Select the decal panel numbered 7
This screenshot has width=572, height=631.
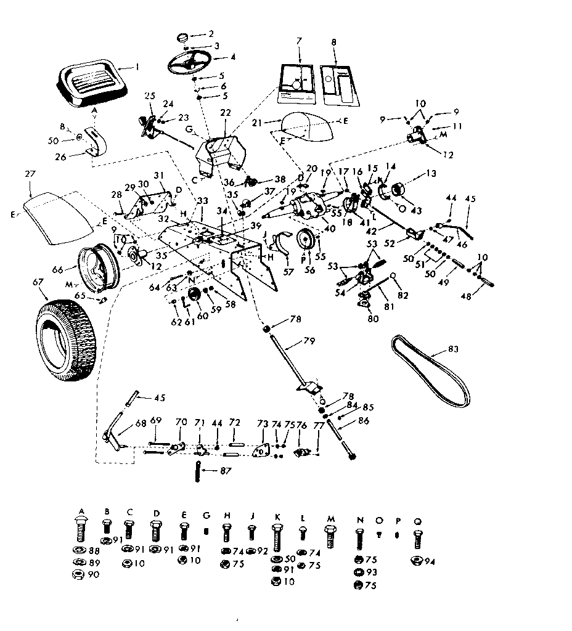pyautogui.click(x=300, y=83)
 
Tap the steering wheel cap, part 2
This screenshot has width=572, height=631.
pyautogui.click(x=182, y=38)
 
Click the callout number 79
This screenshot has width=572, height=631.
pyautogui.click(x=309, y=340)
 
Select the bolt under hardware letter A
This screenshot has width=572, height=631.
pyautogui.click(x=80, y=529)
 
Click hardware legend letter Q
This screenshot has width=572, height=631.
pyautogui.click(x=419, y=511)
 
